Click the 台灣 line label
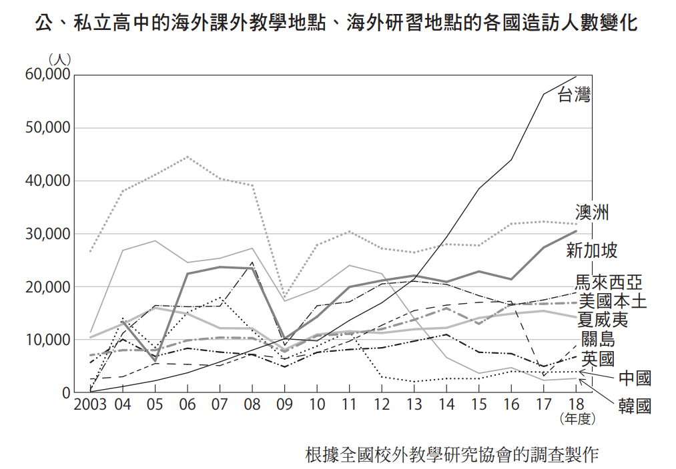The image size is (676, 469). (x=574, y=94)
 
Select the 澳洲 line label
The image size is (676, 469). (x=591, y=213)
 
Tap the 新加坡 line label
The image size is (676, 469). (x=592, y=250)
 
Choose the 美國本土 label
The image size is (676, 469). (x=613, y=301)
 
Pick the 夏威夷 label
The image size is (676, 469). (x=603, y=320)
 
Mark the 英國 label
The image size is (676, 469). (x=598, y=360)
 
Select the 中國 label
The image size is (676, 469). (x=635, y=378)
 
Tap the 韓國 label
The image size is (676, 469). (x=635, y=406)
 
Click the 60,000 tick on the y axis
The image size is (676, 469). (x=47, y=75)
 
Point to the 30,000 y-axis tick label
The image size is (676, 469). (x=47, y=234)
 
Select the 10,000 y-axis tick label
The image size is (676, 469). (x=47, y=340)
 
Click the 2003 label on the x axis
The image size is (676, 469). (x=89, y=404)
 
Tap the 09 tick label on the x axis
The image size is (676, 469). (x=285, y=404)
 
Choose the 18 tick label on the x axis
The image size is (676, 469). (x=576, y=404)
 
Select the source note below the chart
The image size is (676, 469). (x=452, y=455)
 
